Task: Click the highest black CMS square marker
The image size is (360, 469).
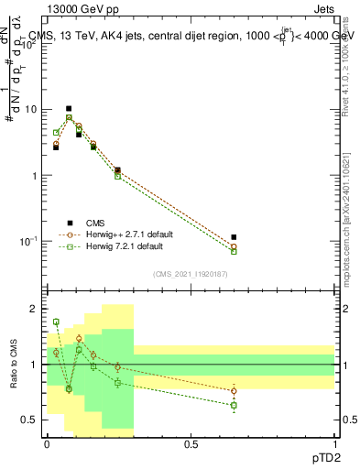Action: pyautogui.click(x=69, y=108)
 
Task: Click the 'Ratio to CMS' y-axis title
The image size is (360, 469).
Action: pyautogui.click(x=13, y=367)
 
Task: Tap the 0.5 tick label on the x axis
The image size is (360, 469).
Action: pyautogui.click(x=191, y=443)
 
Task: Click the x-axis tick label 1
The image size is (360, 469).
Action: pyautogui.click(x=334, y=443)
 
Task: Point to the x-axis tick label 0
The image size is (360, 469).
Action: pyautogui.click(x=47, y=443)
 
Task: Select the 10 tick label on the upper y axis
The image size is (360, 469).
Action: pyautogui.click(x=31, y=109)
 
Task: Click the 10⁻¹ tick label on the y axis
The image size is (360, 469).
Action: pyautogui.click(x=29, y=241)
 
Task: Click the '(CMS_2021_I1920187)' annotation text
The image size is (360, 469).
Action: pyautogui.click(x=190, y=273)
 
